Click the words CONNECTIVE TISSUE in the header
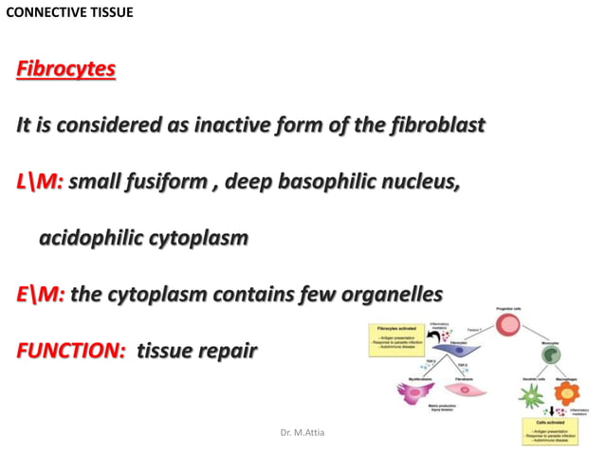tap(69, 12)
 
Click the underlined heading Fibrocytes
tap(65, 70)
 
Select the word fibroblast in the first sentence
tap(431, 125)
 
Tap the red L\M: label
tap(39, 182)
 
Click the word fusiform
tap(165, 182)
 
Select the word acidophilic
tap(96, 238)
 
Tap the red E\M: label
tap(40, 294)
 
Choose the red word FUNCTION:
tap(71, 351)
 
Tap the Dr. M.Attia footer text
tap(302, 432)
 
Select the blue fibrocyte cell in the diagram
tap(459, 352)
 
